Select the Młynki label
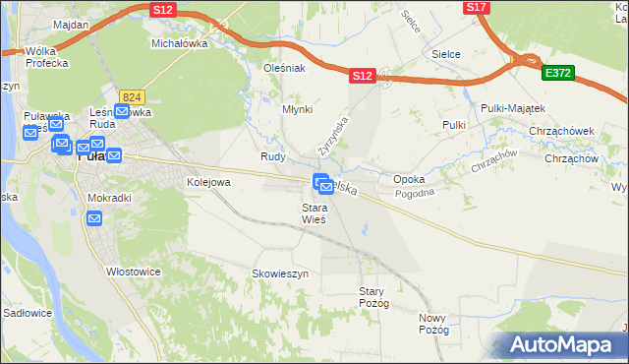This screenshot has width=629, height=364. (297, 110)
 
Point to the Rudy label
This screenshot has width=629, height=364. (272, 156)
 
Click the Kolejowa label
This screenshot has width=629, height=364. (208, 182)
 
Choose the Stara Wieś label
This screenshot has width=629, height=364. (314, 213)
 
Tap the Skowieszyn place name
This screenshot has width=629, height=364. (280, 273)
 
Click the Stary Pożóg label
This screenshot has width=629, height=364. (375, 297)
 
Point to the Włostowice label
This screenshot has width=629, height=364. (133, 271)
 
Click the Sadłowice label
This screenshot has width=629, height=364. (28, 313)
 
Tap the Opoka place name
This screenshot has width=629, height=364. (409, 180)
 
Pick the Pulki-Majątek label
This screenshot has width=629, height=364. (513, 107)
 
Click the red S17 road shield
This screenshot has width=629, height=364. (477, 7)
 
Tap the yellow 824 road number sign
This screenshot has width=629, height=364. (133, 95)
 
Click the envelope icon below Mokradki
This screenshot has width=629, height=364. (93, 218)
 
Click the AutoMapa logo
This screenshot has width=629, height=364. (563, 344)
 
